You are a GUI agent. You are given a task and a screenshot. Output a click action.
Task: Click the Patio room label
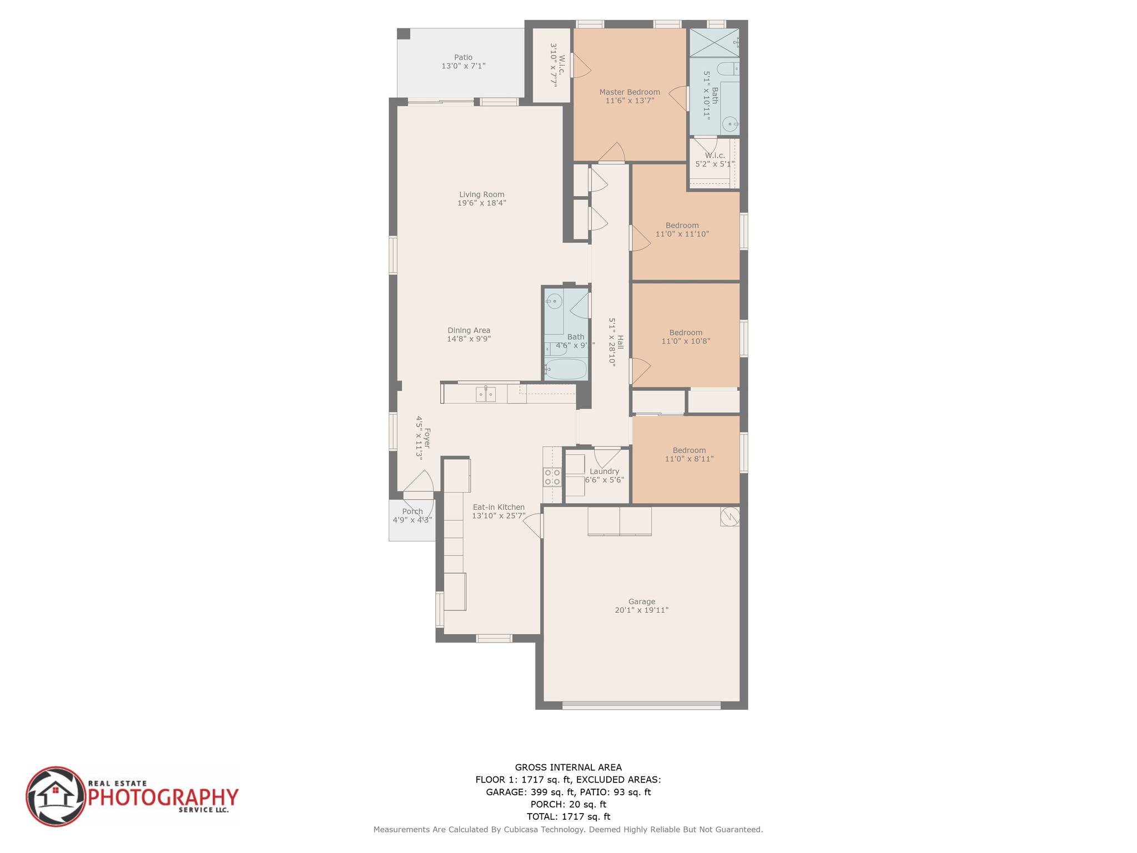pos(463,57)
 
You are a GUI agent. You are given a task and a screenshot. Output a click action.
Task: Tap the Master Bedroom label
pos(630,92)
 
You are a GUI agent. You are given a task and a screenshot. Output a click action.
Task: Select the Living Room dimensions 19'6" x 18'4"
pos(481,203)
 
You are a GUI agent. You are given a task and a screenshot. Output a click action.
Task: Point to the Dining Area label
pos(469,330)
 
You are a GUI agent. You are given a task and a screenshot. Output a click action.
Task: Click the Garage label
pos(641,601)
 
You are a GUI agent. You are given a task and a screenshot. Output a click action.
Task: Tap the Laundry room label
pos(604,471)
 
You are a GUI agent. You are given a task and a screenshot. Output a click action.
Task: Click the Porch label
pos(412,511)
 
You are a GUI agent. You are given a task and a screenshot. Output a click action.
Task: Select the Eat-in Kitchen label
pos(499,507)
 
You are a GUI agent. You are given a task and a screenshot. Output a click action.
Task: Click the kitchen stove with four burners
pos(552,477)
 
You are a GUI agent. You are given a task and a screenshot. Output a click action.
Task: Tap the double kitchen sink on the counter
pos(486,395)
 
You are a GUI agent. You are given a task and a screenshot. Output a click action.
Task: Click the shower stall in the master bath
pos(714,43)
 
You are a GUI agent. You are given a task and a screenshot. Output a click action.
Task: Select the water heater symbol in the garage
pos(730,516)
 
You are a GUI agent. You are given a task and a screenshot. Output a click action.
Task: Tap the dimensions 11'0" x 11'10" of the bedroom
pos(682,234)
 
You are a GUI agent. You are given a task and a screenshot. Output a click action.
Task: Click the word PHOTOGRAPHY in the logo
pos(164,797)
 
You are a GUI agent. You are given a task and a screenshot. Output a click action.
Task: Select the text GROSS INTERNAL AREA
pos(568,767)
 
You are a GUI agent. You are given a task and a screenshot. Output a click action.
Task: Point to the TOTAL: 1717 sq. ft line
pos(568,816)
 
